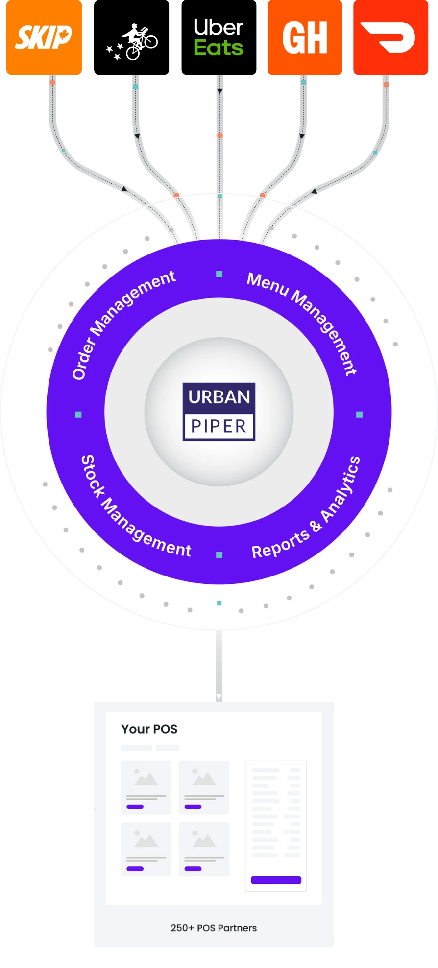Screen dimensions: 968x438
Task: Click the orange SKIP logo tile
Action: point(43,37)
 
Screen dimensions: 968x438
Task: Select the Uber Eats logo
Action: point(219,37)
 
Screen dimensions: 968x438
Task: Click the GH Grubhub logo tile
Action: point(305,37)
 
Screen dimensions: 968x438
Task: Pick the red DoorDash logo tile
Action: point(390,37)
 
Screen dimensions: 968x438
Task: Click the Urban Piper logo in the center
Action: point(219,412)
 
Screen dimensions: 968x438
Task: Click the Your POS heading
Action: point(149,729)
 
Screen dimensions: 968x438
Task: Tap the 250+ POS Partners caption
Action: point(214,928)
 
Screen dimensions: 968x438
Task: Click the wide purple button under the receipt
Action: point(276,880)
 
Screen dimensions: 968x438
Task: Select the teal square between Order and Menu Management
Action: point(219,274)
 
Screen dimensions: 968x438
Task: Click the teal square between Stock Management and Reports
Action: point(219,555)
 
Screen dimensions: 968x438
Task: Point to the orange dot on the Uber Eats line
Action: point(220,136)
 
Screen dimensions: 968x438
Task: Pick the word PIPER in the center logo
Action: point(219,426)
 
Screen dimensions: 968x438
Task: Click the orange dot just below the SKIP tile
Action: point(52,83)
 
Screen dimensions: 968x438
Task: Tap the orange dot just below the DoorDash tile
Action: point(386,85)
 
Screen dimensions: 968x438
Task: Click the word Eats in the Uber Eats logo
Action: point(219,48)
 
